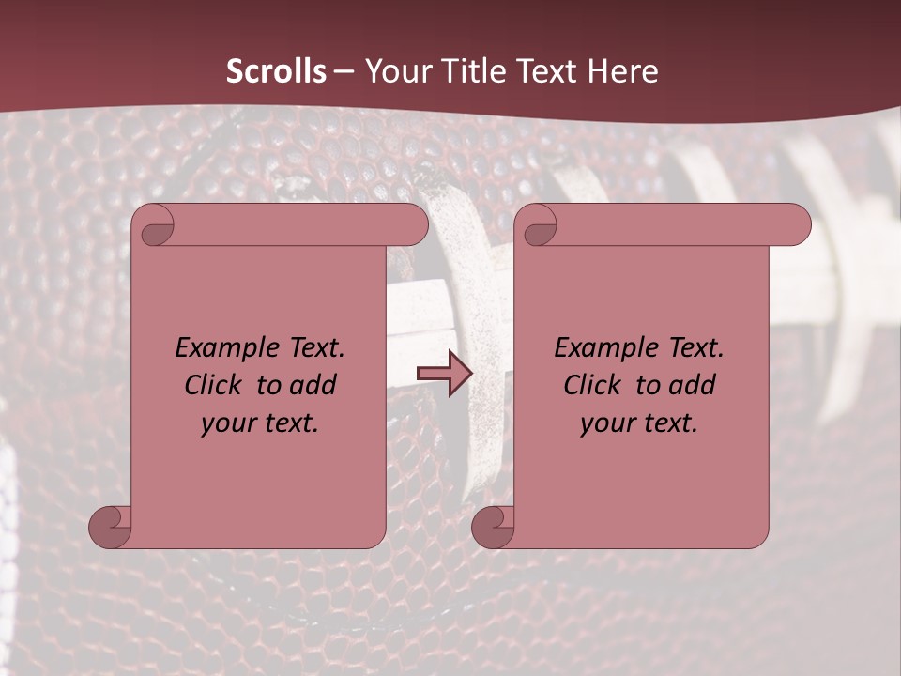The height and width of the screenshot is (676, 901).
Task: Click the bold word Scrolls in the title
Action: tap(276, 71)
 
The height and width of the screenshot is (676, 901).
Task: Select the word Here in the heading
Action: tap(620, 71)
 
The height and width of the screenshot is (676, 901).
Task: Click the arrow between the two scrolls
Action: tap(444, 374)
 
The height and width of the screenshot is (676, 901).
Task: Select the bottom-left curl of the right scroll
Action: tap(493, 527)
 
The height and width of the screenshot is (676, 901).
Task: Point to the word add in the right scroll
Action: tap(694, 385)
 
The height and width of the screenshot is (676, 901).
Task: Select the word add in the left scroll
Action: tap(314, 385)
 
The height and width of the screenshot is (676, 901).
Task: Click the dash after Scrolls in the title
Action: tap(344, 71)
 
